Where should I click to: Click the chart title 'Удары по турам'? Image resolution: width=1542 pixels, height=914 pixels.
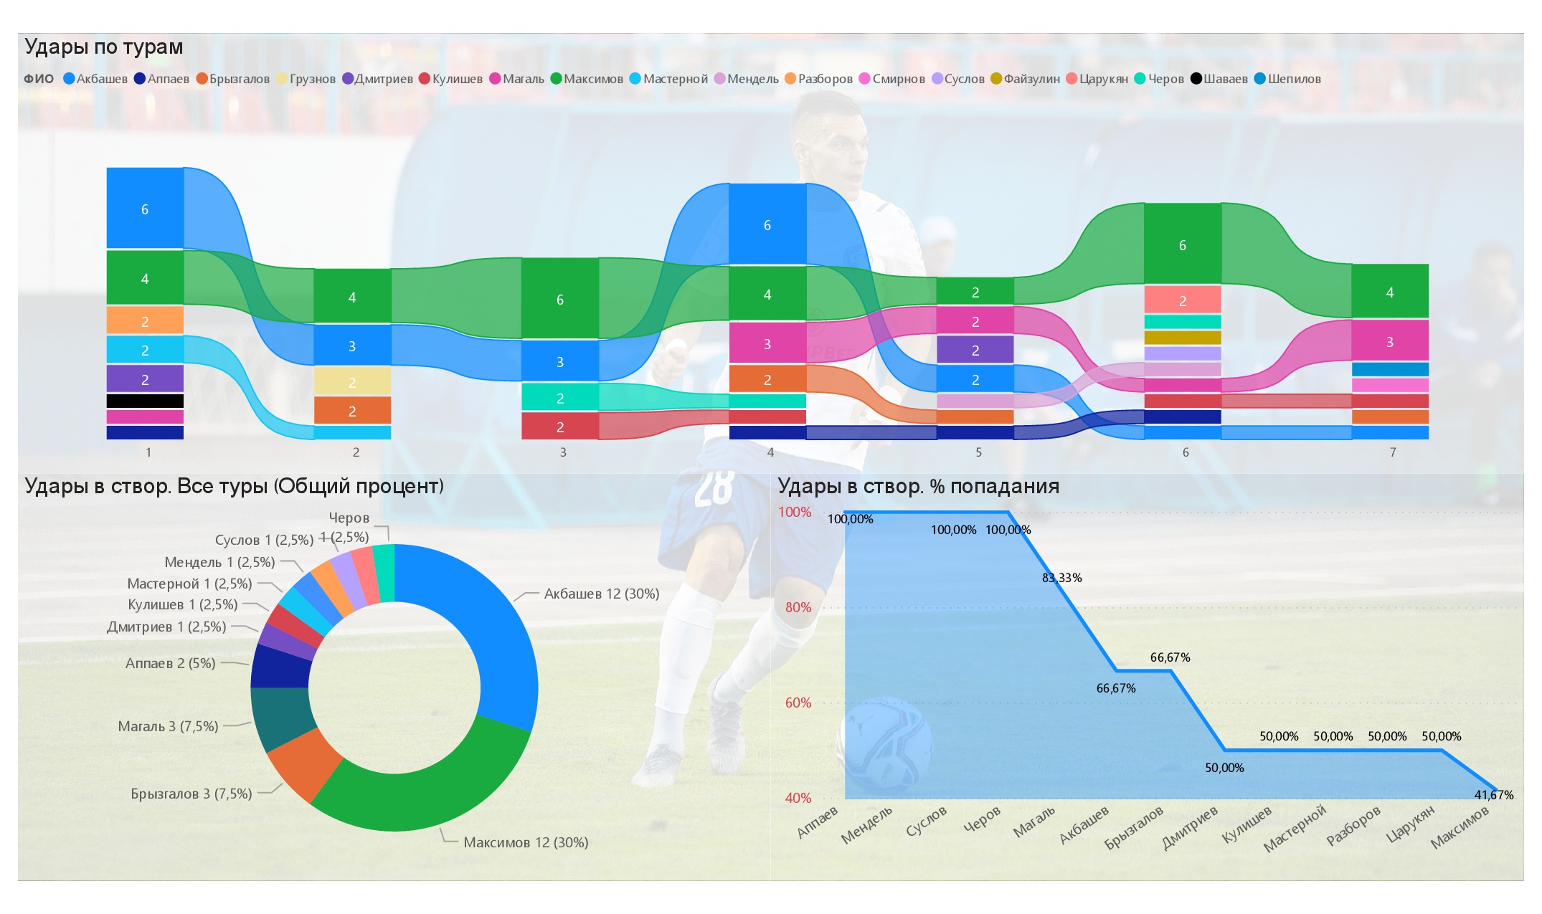click(x=104, y=47)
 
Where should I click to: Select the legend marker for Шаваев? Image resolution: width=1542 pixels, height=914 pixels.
click(x=1196, y=79)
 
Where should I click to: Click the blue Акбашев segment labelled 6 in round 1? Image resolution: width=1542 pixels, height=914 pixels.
click(x=145, y=208)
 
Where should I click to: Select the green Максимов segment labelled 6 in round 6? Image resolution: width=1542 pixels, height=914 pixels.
click(x=1182, y=244)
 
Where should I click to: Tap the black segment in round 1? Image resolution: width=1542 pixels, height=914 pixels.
click(x=145, y=401)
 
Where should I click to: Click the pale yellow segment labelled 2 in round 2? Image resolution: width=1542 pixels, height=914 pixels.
click(x=352, y=381)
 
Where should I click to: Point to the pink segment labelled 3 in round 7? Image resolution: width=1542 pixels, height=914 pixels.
click(x=1389, y=341)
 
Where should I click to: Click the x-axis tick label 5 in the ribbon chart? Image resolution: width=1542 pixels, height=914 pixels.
click(x=978, y=452)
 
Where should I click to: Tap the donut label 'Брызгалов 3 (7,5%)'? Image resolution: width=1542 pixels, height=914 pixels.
click(x=191, y=794)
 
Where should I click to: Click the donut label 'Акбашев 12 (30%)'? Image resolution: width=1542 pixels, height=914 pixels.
click(x=601, y=594)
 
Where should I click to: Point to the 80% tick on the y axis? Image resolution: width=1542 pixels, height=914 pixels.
click(x=798, y=607)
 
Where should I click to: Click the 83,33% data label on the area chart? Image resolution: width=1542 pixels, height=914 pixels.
click(x=1061, y=578)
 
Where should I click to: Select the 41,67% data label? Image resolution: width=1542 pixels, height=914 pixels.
click(x=1493, y=795)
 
